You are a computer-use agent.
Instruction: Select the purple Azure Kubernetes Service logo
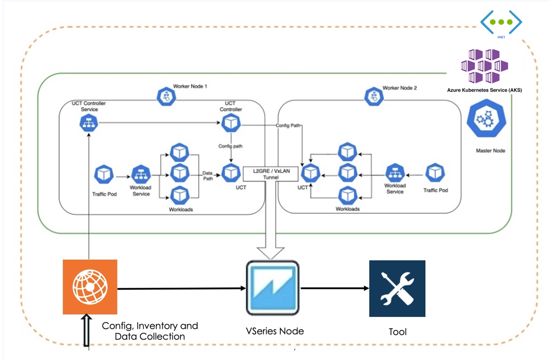point(484,66)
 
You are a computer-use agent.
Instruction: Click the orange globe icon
point(90,287)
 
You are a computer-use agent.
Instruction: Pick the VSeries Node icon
point(272,287)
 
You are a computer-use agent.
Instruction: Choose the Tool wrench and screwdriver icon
point(397,288)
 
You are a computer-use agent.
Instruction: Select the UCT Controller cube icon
point(230,123)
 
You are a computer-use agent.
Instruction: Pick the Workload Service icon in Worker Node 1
point(140,175)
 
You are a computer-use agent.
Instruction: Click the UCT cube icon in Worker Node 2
point(311,172)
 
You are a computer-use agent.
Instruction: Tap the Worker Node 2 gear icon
point(373,95)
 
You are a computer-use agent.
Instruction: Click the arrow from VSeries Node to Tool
point(333,288)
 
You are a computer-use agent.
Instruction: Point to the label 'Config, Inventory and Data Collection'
point(150,331)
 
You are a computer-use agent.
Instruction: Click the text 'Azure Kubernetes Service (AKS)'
point(484,90)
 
